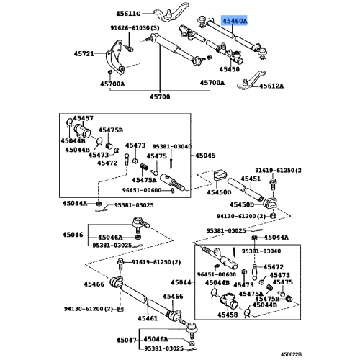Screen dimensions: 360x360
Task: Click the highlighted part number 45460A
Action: click(235, 21)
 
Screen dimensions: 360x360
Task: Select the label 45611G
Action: click(128, 14)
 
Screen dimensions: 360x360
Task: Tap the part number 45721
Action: click(84, 53)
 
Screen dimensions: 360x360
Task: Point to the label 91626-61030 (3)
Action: click(135, 28)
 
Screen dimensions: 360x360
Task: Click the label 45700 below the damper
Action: click(160, 97)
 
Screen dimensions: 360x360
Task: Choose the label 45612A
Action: click(271, 86)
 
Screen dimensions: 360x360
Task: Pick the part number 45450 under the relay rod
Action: click(230, 69)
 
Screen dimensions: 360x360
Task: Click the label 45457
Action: click(83, 118)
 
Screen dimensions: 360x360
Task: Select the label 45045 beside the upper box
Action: click(205, 156)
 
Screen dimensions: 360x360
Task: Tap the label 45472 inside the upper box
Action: click(107, 163)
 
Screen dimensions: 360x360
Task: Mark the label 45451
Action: click(251, 179)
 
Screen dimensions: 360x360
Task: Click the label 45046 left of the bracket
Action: click(73, 235)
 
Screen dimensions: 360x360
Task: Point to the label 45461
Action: click(148, 318)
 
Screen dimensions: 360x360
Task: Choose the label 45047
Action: click(127, 340)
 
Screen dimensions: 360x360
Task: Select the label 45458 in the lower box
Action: click(228, 315)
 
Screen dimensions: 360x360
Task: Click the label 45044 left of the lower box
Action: click(181, 282)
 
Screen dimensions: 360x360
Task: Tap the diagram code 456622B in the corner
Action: click(292, 354)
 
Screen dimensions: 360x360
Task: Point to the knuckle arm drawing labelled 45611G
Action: click(171, 12)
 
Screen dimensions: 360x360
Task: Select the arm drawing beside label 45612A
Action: click(251, 81)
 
